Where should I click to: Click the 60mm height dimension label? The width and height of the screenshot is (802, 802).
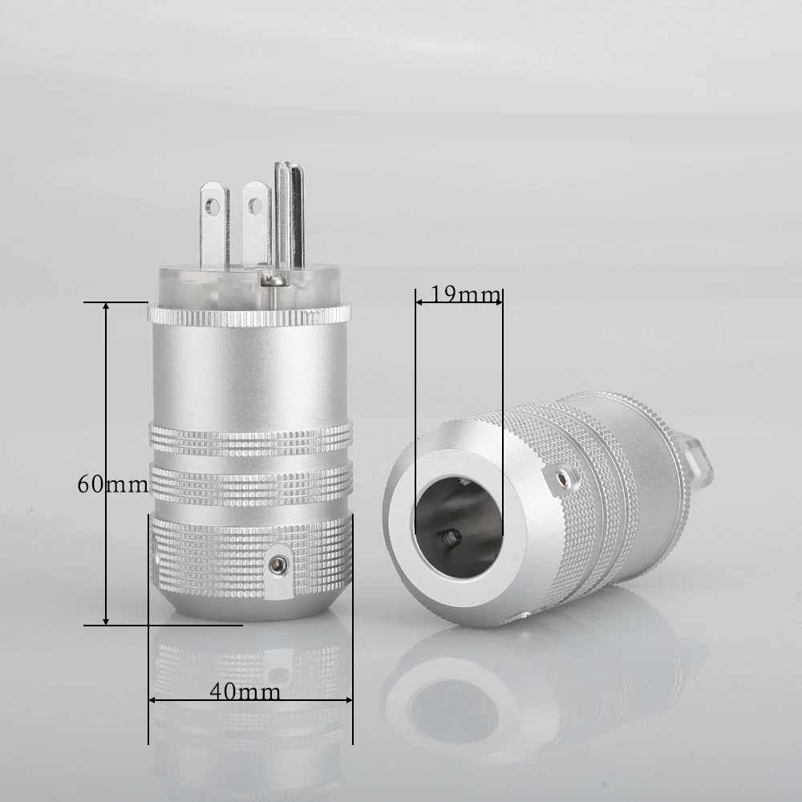click(x=112, y=484)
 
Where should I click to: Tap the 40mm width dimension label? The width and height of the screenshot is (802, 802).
click(x=245, y=691)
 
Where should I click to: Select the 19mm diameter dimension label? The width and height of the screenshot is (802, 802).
click(x=460, y=294)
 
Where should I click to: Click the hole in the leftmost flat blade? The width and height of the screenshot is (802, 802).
click(x=212, y=207)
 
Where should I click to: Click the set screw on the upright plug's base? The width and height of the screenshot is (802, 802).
click(x=279, y=567)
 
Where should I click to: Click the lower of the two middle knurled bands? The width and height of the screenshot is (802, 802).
click(x=250, y=483)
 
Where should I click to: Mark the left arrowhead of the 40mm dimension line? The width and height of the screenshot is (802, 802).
click(x=153, y=700)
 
